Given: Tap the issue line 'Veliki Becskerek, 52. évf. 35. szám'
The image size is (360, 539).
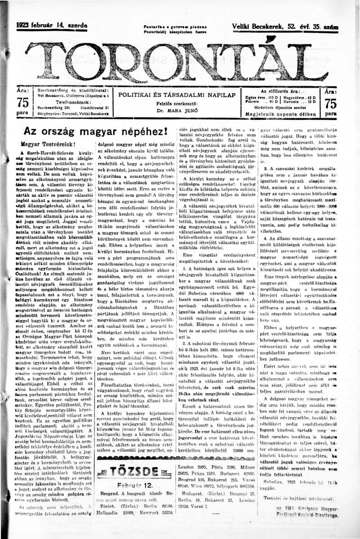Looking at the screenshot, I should pos(285,27).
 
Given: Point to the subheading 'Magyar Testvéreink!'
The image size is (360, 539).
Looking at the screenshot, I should pos(48,145).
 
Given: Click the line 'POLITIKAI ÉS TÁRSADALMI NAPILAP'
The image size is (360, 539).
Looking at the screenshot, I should pos(177,95).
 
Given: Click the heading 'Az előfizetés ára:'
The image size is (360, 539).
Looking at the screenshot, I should pos(282,91).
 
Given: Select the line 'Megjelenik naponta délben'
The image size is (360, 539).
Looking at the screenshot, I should pos(282,114).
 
